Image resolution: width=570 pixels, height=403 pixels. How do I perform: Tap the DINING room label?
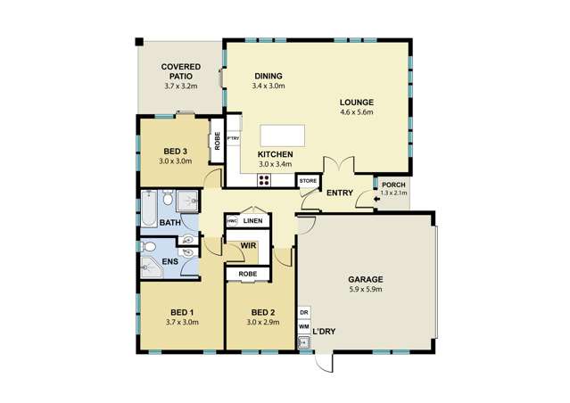click(x=268, y=76)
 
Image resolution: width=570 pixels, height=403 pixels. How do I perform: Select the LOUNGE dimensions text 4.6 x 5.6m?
click(x=356, y=113)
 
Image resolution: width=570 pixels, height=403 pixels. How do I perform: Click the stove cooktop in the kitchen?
click(x=265, y=179)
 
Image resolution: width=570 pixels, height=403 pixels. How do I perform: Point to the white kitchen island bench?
click(x=282, y=136)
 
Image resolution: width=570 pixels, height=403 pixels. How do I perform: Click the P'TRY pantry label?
click(x=234, y=140)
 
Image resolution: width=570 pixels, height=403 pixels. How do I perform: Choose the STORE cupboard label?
click(x=308, y=181)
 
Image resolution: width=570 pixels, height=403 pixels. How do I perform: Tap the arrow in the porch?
click(x=376, y=200)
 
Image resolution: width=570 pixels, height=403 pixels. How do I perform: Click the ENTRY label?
click(x=339, y=193)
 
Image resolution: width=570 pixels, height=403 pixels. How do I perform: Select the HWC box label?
click(x=231, y=220)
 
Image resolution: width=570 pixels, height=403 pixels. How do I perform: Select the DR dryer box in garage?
click(x=304, y=312)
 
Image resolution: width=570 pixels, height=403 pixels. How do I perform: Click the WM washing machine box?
click(x=304, y=328)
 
